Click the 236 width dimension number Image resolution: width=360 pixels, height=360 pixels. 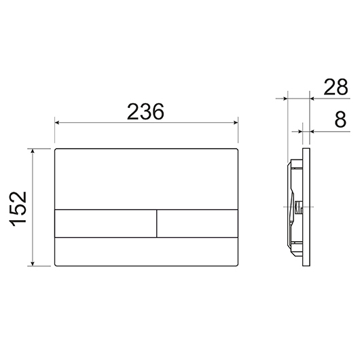pos(145,111)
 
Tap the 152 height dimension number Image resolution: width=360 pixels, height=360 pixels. pos(18,209)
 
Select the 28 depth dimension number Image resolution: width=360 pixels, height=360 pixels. pos(336,87)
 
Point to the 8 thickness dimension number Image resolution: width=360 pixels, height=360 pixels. pos(340,120)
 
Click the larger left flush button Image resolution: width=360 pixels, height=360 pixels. pos(105,223)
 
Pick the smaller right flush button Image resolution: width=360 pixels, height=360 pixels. pos(197,223)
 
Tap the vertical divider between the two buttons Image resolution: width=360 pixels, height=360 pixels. pos(157,223)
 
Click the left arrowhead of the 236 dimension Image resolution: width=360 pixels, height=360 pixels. pos(57,122)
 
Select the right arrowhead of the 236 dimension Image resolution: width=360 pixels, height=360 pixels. pos(235,122)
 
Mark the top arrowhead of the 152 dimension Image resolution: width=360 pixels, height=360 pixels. pos(33,151)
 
